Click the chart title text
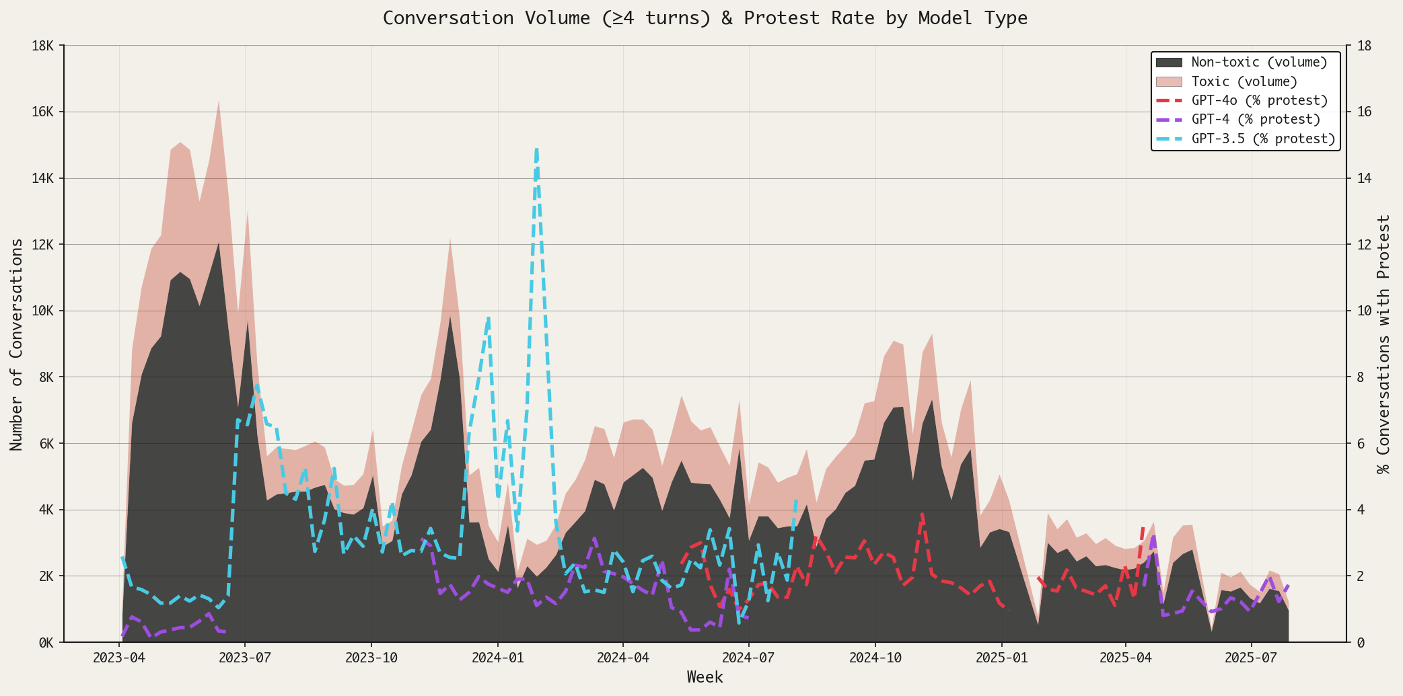click(705, 18)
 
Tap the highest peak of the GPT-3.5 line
click(536, 149)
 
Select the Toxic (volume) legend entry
click(1244, 81)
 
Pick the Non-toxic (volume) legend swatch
click(1169, 63)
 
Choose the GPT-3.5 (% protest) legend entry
click(1262, 139)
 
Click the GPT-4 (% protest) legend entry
click(1255, 120)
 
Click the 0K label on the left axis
click(46, 643)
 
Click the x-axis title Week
click(705, 677)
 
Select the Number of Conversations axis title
click(17, 344)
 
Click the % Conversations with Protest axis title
click(1383, 344)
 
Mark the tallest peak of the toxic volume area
click(219, 101)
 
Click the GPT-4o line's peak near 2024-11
click(923, 514)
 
